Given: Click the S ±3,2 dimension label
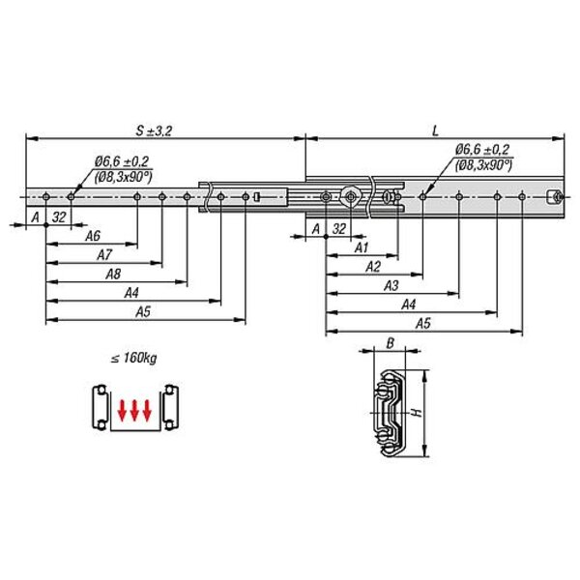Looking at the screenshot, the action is [x=154, y=130].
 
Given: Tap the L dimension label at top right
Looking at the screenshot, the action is [x=436, y=130].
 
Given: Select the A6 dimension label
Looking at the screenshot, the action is [x=93, y=236].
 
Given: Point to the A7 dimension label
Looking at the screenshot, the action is [x=104, y=254].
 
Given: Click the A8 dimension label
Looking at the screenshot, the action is [x=113, y=274].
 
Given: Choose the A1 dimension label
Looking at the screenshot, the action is [x=362, y=247].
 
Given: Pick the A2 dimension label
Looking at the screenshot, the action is [x=373, y=267].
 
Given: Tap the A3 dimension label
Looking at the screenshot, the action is [x=391, y=285].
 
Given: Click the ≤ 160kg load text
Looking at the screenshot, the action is [x=134, y=358].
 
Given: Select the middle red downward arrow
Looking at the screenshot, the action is [x=134, y=410].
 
